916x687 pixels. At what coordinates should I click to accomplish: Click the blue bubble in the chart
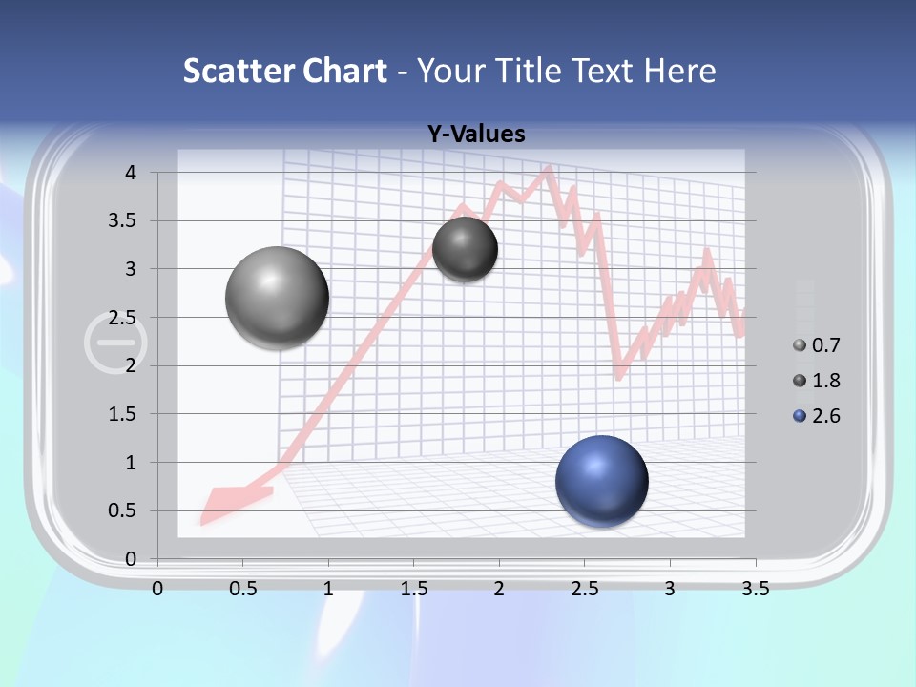pyautogui.click(x=601, y=480)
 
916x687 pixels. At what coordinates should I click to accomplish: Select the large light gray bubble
pyautogui.click(x=277, y=297)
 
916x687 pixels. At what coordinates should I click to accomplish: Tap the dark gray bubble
pyautogui.click(x=465, y=249)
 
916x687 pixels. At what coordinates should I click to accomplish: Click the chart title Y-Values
pyautogui.click(x=475, y=135)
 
